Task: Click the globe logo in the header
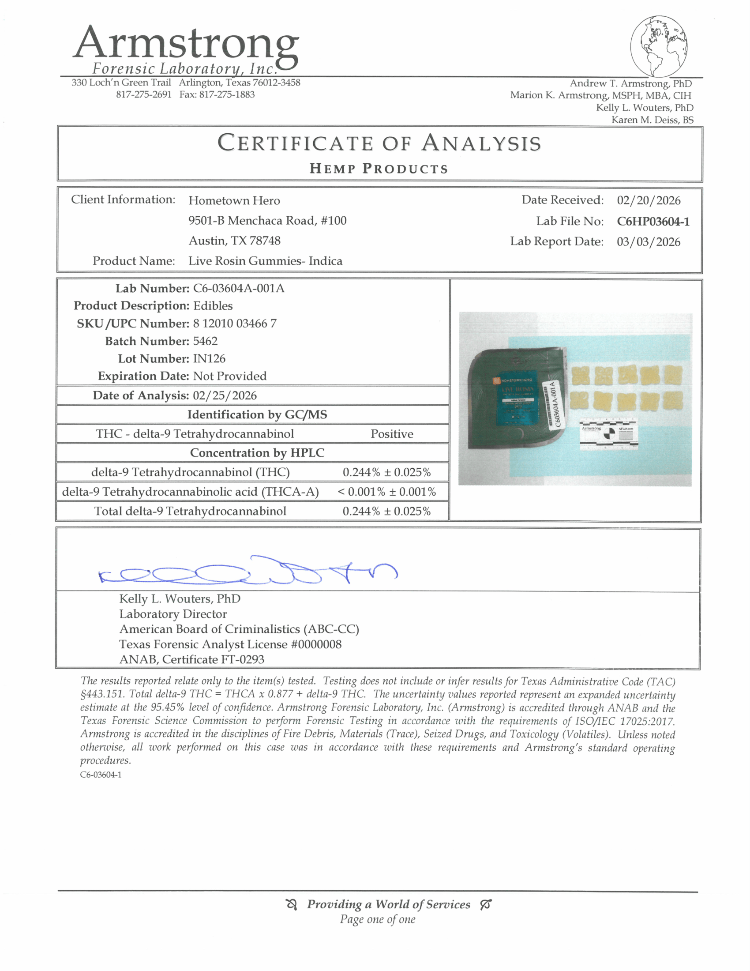659,46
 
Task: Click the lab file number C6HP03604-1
652,222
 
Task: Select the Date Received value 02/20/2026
648,200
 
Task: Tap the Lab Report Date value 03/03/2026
648,242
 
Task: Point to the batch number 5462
205,341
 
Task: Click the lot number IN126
209,359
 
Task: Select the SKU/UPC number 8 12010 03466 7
235,323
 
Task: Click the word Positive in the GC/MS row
392,434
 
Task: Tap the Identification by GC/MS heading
257,415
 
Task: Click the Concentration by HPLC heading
257,453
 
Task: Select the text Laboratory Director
173,614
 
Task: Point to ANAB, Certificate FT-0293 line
191,659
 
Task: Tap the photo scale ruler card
609,433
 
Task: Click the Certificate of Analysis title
379,143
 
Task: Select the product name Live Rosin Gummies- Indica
265,261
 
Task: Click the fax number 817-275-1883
227,95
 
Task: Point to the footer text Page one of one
378,919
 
